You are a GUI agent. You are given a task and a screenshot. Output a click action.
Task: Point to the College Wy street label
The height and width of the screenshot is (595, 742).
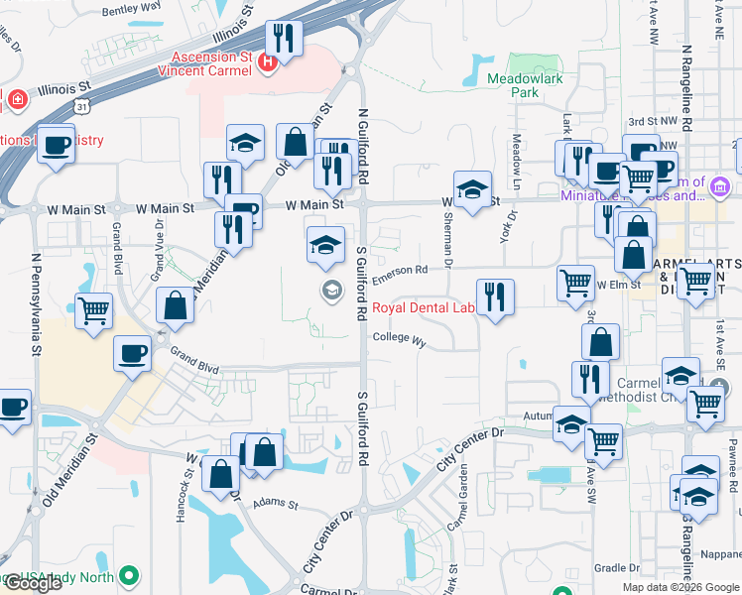pyautogui.click(x=399, y=339)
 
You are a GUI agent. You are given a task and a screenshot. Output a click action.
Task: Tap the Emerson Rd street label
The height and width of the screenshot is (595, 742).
pyautogui.click(x=401, y=269)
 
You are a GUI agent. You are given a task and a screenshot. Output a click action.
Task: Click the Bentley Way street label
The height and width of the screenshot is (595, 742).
pyautogui.click(x=131, y=7)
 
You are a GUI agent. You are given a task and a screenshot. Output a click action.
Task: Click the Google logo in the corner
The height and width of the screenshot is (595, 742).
pyautogui.click(x=33, y=583)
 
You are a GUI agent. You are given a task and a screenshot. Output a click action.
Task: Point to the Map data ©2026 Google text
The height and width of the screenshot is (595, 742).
pyautogui.click(x=679, y=586)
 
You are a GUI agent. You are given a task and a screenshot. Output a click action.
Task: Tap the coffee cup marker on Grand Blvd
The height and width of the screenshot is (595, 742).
pyautogui.click(x=133, y=353)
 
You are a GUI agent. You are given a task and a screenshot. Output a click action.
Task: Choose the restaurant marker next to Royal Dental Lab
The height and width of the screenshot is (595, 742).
pyautogui.click(x=495, y=296)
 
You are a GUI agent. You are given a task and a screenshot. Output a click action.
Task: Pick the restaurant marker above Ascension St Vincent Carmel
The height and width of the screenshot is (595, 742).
pyautogui.click(x=286, y=39)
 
